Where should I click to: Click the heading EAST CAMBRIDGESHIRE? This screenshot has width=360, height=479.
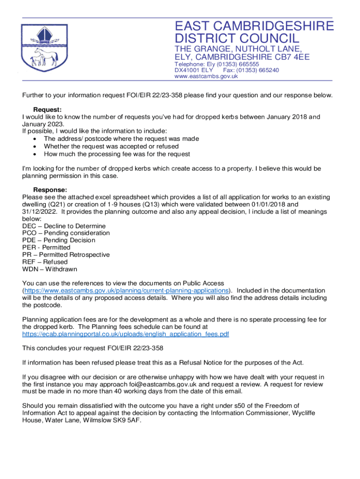pos(254,26)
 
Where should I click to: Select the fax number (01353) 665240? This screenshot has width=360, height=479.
pos(254,70)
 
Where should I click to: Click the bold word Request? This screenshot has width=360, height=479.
pos(47,109)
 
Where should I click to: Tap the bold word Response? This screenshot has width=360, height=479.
pos(50,190)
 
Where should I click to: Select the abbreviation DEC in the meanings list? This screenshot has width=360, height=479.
pos(29,226)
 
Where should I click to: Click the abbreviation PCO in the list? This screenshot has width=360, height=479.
pos(29,233)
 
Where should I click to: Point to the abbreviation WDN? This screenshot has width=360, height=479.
pos(30,269)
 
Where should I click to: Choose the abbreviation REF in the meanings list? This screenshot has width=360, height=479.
pos(29,262)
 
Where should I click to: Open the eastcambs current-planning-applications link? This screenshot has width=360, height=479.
pos(126,290)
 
